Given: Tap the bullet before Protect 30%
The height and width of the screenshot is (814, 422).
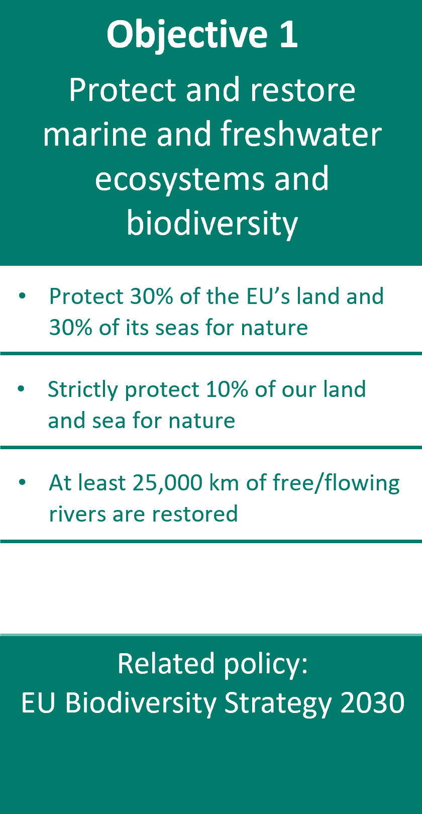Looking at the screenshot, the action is coord(22,296).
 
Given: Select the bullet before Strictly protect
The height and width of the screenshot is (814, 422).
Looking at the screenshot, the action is coord(21,389).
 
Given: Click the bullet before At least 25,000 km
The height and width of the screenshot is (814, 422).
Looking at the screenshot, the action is coord(22,482).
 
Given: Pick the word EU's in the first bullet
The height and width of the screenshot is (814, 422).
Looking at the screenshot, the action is coord(268,296).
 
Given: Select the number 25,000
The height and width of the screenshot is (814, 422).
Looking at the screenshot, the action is coord(168,483).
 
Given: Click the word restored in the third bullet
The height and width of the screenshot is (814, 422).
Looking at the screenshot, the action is coord(195,514).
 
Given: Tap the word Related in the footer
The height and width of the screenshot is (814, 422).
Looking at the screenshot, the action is coord(166,664).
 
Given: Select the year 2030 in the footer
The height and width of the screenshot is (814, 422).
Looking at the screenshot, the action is coord(373,702).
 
